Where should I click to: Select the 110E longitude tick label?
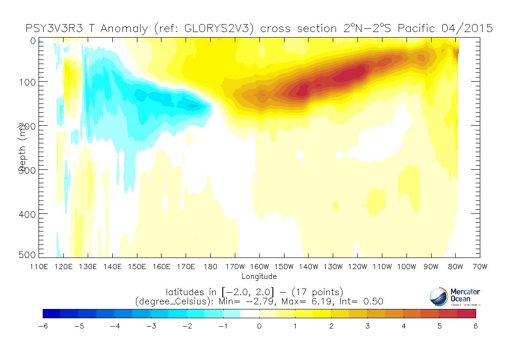click(x=39, y=267)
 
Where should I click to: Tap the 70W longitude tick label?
click(x=479, y=267)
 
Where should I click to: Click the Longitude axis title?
click(x=259, y=276)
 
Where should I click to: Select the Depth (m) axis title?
click(x=21, y=148)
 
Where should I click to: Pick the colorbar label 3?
click(x=368, y=326)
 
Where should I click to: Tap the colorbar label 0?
click(x=259, y=326)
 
